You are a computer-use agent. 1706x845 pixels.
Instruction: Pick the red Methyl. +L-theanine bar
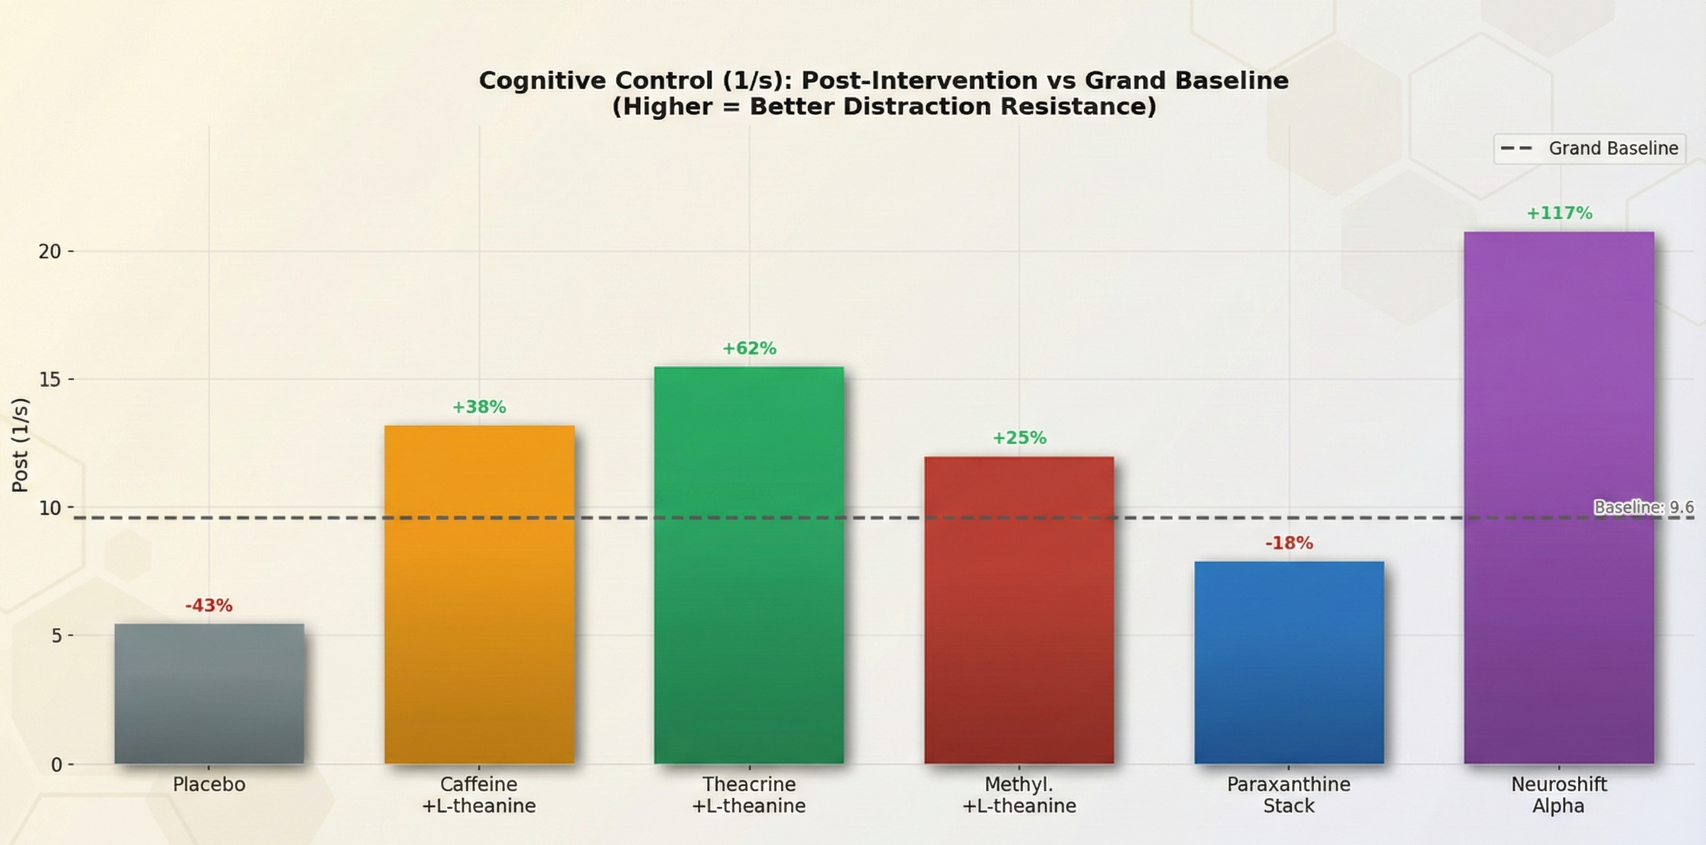pyautogui.click(x=1019, y=610)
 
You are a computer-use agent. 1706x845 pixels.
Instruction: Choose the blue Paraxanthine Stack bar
pyautogui.click(x=1289, y=662)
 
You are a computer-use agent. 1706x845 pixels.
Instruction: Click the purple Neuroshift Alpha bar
pyautogui.click(x=1559, y=497)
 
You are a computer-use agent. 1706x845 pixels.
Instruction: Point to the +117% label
pyautogui.click(x=1559, y=213)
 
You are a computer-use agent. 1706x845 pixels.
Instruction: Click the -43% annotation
pyautogui.click(x=209, y=605)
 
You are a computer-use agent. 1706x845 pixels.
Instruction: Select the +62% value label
pyautogui.click(x=749, y=348)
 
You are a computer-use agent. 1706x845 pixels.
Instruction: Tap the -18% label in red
pyautogui.click(x=1289, y=543)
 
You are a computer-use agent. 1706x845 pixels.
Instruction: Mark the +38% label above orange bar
pyautogui.click(x=479, y=407)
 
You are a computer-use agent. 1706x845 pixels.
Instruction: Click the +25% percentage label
pyautogui.click(x=1019, y=438)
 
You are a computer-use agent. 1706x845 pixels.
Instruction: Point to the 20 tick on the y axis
pyautogui.click(x=49, y=252)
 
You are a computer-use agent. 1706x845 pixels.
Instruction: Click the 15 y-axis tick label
pyautogui.click(x=49, y=380)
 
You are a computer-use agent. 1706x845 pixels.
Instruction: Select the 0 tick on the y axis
pyautogui.click(x=56, y=764)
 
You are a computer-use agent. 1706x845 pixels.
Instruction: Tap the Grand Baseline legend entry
pyautogui.click(x=1589, y=148)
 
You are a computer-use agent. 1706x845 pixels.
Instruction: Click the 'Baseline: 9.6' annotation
pyautogui.click(x=1643, y=508)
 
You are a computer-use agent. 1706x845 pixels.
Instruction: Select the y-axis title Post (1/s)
pyautogui.click(x=21, y=444)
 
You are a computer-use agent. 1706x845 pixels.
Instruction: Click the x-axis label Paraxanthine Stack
pyautogui.click(x=1288, y=795)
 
